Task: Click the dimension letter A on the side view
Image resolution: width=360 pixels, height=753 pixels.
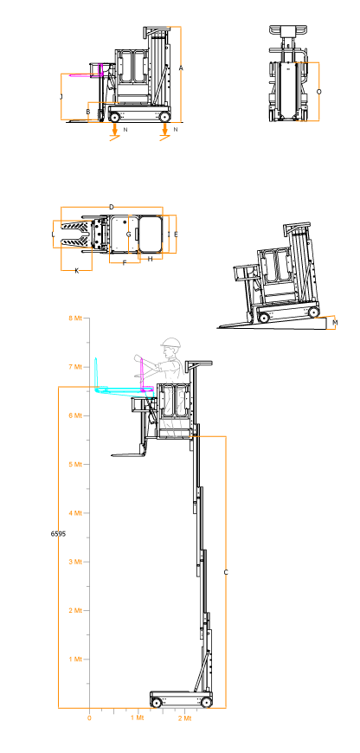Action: pos(181,68)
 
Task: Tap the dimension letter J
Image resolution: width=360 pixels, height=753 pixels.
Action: pos(61,97)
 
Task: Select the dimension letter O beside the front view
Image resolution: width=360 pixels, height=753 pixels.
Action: pos(319,91)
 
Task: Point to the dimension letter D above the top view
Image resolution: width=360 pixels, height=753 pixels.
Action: pos(112,207)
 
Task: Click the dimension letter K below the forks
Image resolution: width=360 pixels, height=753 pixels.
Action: pos(77,271)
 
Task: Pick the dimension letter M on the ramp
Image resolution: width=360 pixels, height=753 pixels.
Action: pos(335,323)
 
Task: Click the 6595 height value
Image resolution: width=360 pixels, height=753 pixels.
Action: pos(58,533)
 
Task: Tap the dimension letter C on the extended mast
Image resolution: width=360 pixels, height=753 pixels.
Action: pos(226,572)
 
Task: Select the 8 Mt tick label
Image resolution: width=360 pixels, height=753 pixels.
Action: pos(75,318)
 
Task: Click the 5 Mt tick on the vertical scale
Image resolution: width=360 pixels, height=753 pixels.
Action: pos(75,465)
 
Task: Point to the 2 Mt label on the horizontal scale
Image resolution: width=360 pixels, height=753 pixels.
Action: pos(185,718)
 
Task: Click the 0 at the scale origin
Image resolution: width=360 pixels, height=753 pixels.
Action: pos(89,718)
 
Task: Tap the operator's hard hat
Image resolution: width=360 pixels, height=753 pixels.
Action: pos(171,343)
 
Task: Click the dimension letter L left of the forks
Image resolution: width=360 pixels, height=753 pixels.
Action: pos(53,235)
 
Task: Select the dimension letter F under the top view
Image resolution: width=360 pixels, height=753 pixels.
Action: pos(125,263)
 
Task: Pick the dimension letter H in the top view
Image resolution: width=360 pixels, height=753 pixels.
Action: pos(151,259)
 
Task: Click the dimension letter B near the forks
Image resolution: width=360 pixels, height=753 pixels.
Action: pos(88,113)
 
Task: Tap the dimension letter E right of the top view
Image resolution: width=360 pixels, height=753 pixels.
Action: pos(177,235)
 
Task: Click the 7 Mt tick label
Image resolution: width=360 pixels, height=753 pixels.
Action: pos(75,367)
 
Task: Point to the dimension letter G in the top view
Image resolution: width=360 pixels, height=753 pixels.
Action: pos(128,235)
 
